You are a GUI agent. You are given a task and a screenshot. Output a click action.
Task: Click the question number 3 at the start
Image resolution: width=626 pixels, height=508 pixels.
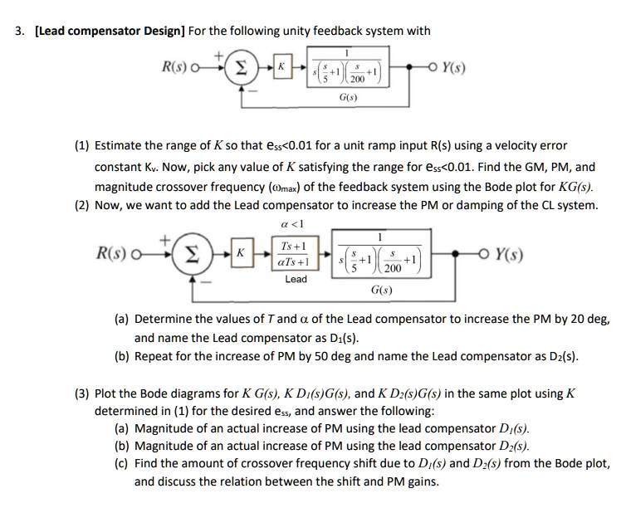[x=17, y=32]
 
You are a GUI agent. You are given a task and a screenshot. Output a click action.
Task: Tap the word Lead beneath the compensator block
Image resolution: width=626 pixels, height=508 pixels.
[x=296, y=280]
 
